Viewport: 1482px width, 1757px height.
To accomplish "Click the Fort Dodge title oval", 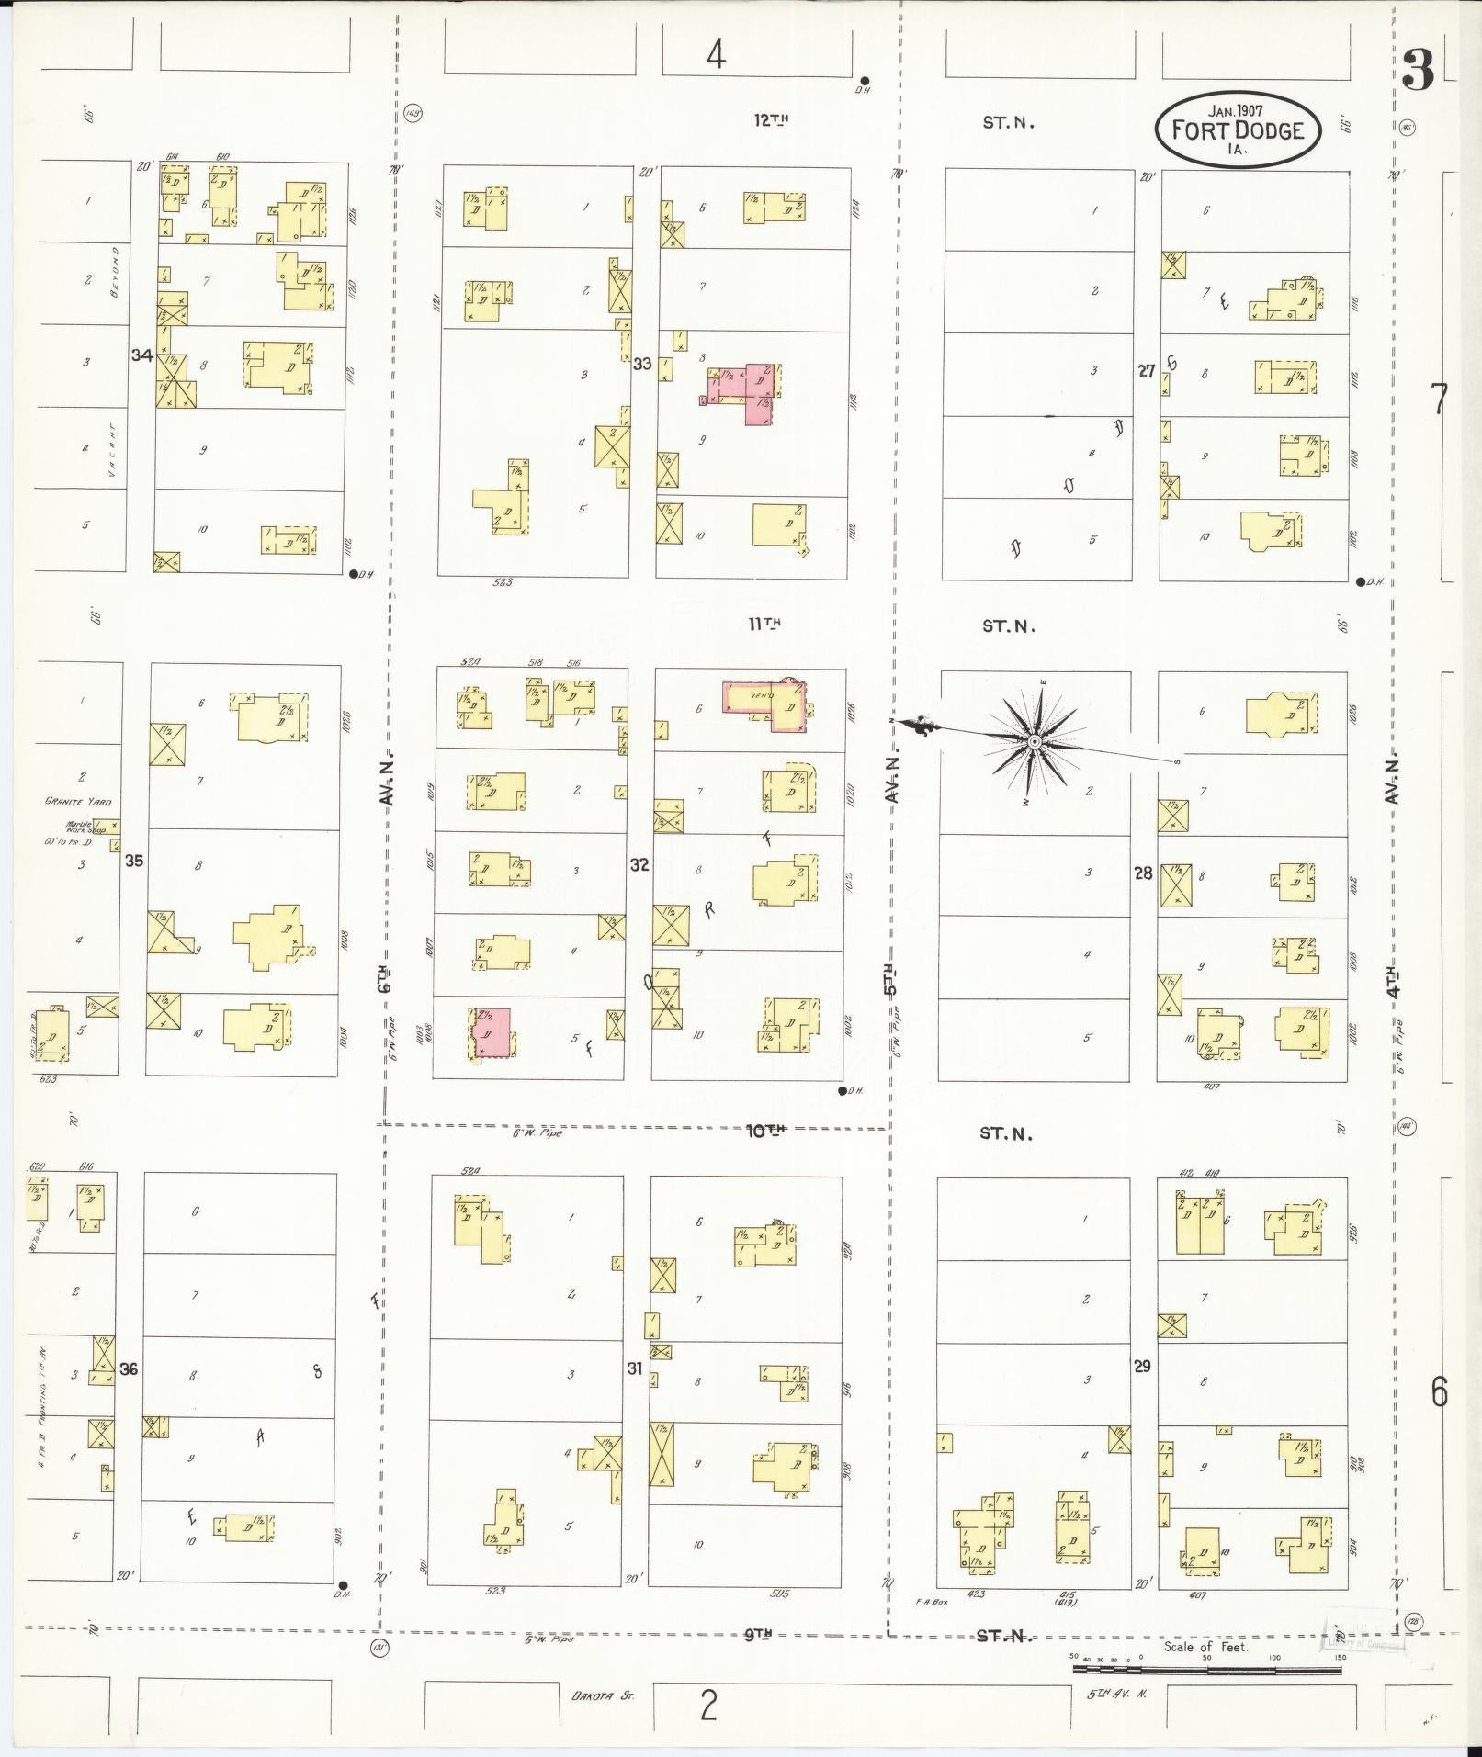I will pyautogui.click(x=1237, y=130).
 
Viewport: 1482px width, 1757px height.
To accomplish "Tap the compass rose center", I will pyautogui.click(x=1035, y=740).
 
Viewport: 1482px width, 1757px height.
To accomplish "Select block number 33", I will pyautogui.click(x=641, y=364).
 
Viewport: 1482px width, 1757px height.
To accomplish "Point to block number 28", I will pyautogui.click(x=1142, y=873).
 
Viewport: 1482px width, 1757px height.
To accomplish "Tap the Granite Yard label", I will pyautogui.click(x=77, y=802).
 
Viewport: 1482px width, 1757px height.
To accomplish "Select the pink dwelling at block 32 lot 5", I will pyautogui.click(x=492, y=1033).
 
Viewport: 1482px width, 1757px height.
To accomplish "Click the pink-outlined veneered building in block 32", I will pyautogui.click(x=764, y=705).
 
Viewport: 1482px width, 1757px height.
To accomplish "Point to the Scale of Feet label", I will pyautogui.click(x=1205, y=1646).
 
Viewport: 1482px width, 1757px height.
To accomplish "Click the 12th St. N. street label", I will pyautogui.click(x=771, y=119).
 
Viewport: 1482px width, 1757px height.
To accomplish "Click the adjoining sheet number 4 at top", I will pyautogui.click(x=716, y=55).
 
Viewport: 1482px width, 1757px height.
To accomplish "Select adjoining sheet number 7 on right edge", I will pyautogui.click(x=1439, y=400).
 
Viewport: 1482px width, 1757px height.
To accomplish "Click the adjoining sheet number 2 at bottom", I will pyautogui.click(x=707, y=1706).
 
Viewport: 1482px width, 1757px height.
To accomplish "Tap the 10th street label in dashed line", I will pyautogui.click(x=765, y=1131).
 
